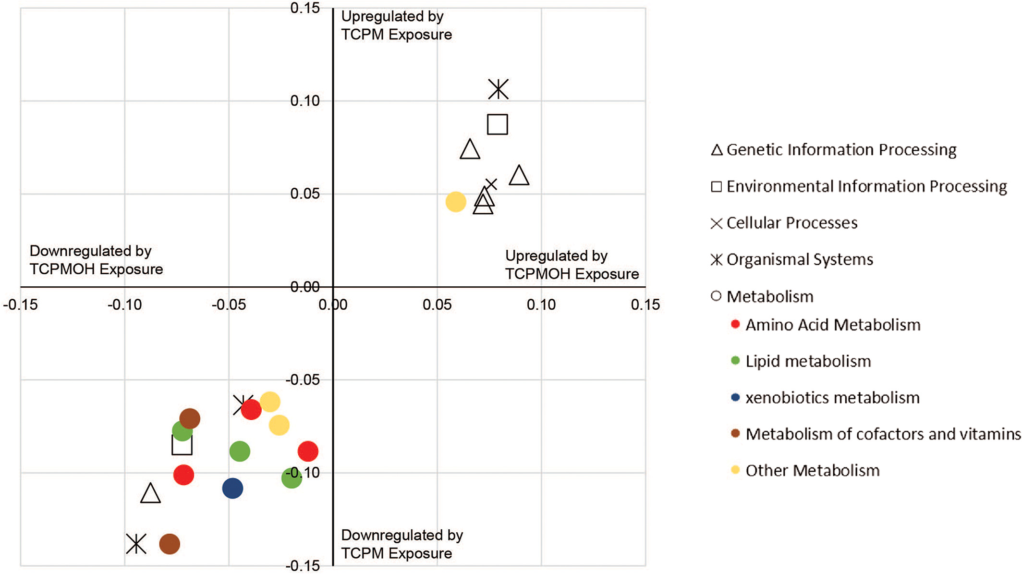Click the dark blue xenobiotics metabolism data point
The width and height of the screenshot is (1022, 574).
[x=232, y=489]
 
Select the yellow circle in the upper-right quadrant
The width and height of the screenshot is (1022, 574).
[x=456, y=202]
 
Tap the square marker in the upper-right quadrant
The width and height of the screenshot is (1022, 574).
[x=498, y=124]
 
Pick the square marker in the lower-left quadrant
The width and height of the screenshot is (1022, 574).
[x=182, y=445]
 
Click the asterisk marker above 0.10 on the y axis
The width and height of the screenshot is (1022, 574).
[x=499, y=89]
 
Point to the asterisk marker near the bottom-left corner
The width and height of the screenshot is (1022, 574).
[x=136, y=544]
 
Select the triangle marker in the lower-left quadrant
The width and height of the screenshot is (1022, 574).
[x=150, y=493]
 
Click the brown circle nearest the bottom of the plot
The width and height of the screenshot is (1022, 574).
[x=170, y=544]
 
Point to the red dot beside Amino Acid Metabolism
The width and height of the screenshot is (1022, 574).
[x=735, y=324]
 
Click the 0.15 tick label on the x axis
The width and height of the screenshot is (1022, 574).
[x=645, y=305]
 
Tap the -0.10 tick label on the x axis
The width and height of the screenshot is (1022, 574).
[x=124, y=305]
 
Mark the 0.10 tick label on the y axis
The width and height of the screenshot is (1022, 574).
[x=305, y=101]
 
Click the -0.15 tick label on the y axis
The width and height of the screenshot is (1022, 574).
[x=303, y=566]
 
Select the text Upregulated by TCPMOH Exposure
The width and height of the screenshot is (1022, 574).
[x=572, y=265]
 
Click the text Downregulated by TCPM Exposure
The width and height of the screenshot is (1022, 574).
[x=401, y=544]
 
